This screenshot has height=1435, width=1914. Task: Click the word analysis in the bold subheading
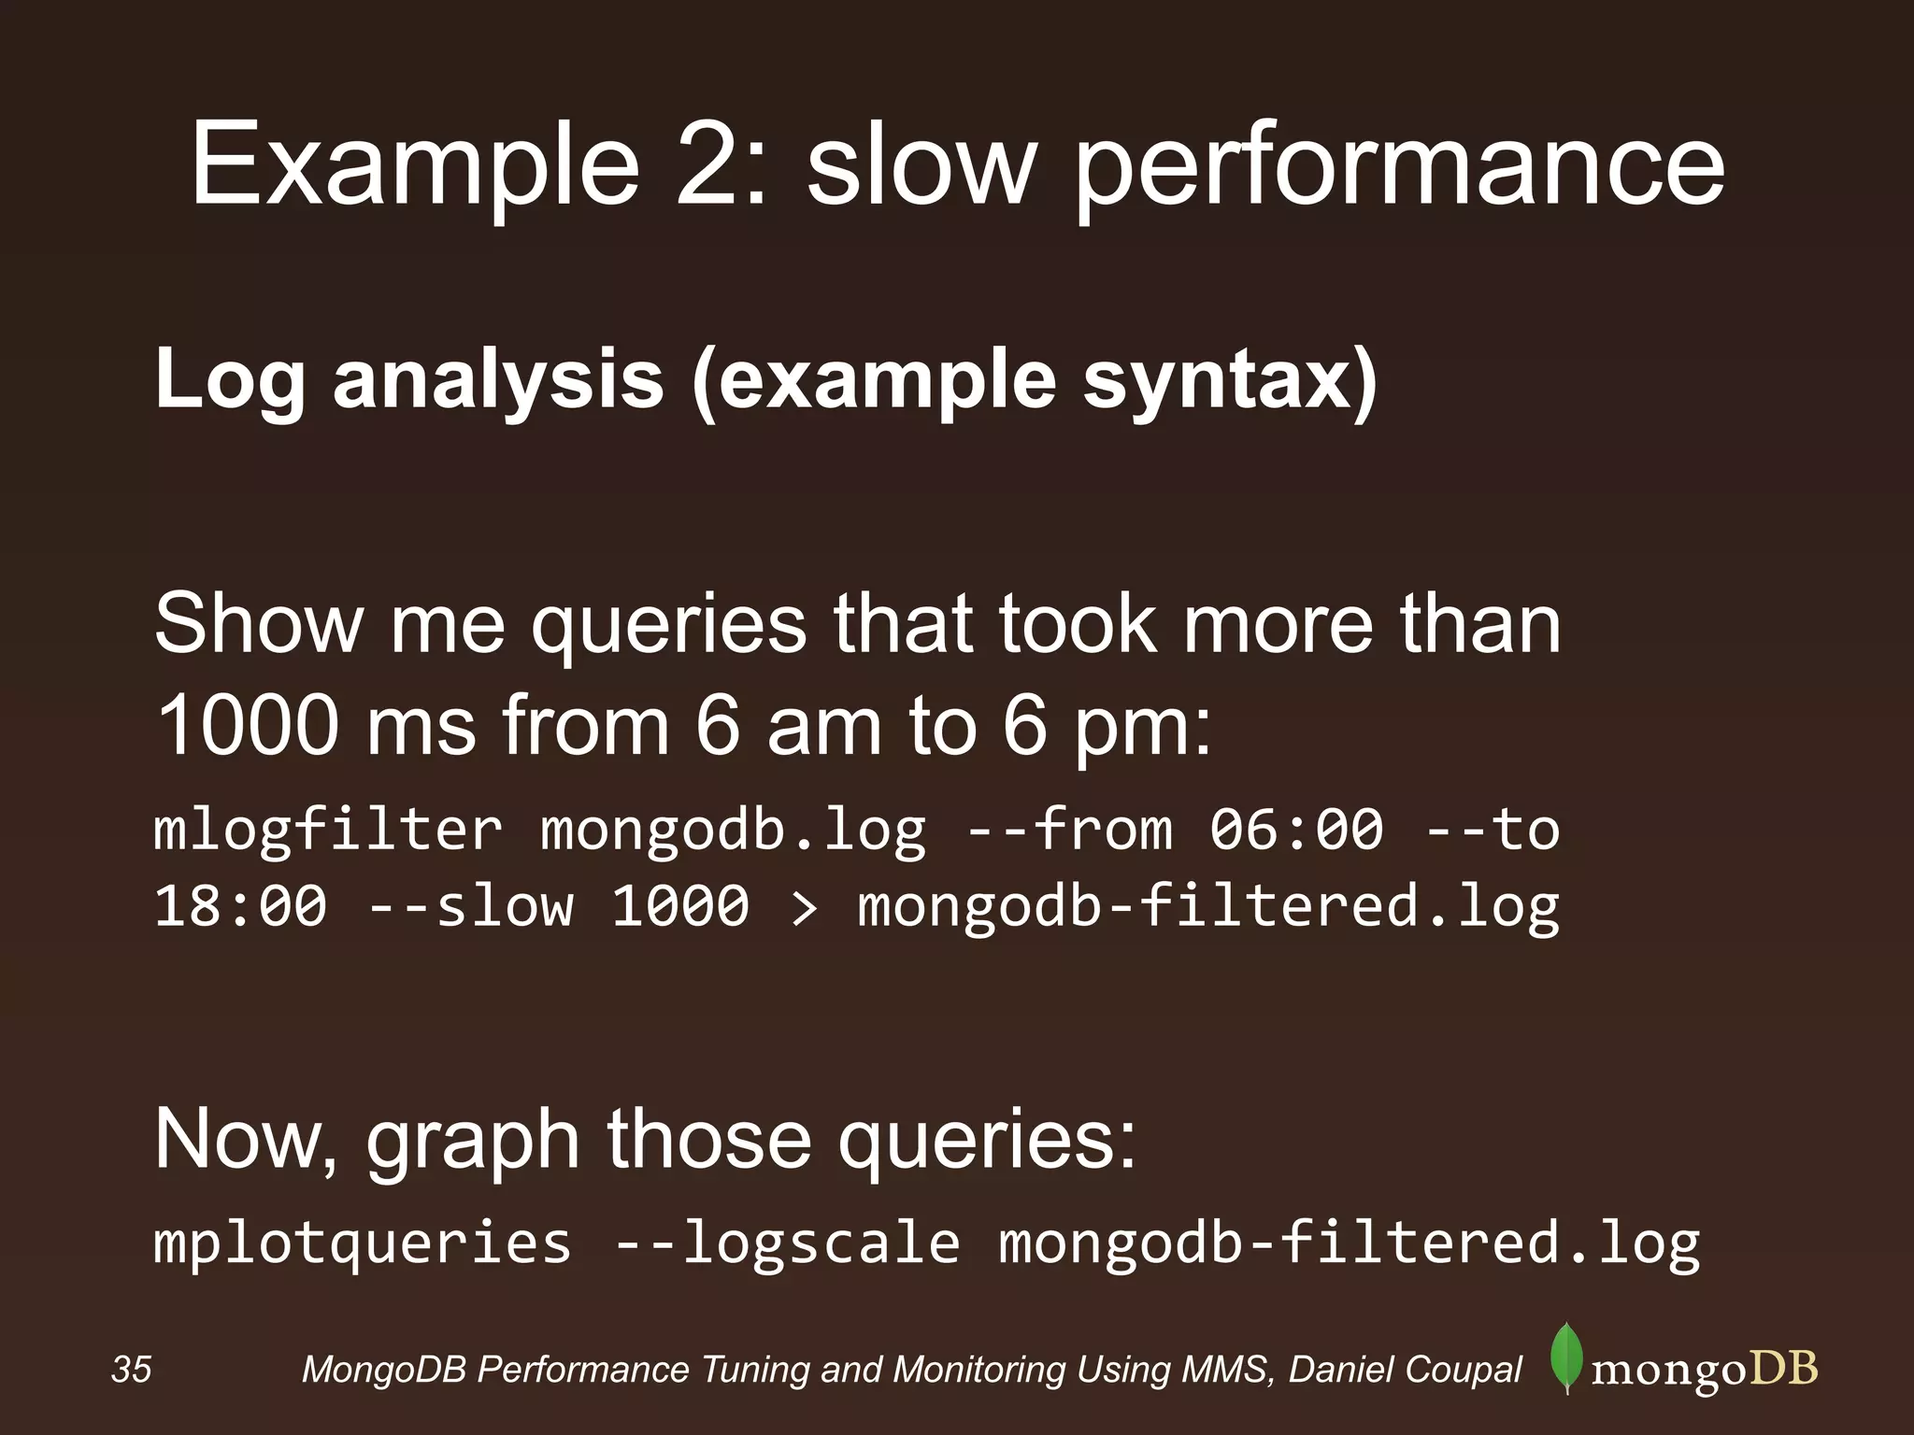click(497, 381)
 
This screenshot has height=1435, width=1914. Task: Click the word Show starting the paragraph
click(257, 624)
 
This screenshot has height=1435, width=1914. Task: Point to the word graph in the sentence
click(472, 1142)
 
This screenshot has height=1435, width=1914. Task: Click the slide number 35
click(131, 1371)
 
